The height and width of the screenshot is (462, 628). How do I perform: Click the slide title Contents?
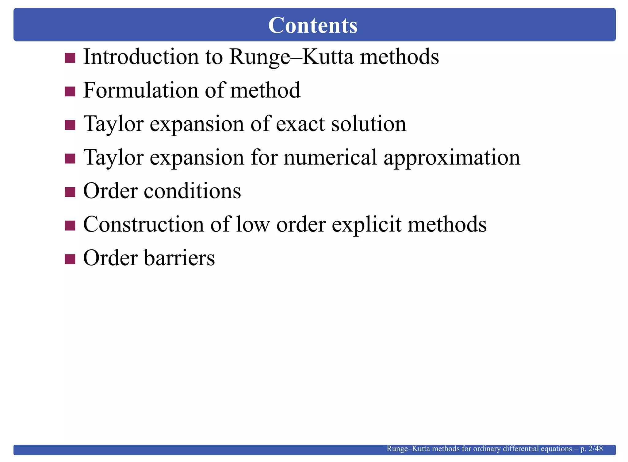(313, 25)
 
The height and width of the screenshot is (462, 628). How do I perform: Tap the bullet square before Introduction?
(70, 58)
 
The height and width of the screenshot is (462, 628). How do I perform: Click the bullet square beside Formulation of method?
(70, 91)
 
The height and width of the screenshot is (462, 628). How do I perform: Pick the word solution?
(369, 124)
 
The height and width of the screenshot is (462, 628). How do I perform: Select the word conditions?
(192, 191)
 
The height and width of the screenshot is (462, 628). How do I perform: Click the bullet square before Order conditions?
(70, 192)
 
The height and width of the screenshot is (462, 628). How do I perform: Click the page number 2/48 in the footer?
(595, 448)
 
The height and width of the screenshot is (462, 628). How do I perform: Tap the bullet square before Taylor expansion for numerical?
(70, 159)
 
